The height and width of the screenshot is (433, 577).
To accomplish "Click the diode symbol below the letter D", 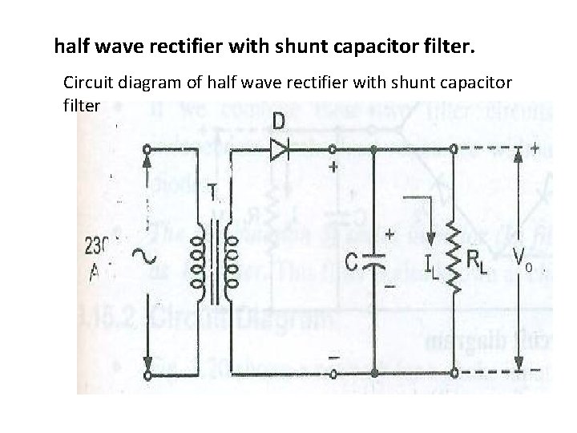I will [280, 150].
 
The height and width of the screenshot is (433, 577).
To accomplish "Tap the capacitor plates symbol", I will [374, 261].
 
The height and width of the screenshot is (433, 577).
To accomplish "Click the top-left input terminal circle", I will [147, 150].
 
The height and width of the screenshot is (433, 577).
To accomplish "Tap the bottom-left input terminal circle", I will [147, 374].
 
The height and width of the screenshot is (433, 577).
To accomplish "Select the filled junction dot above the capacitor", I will [374, 150].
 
